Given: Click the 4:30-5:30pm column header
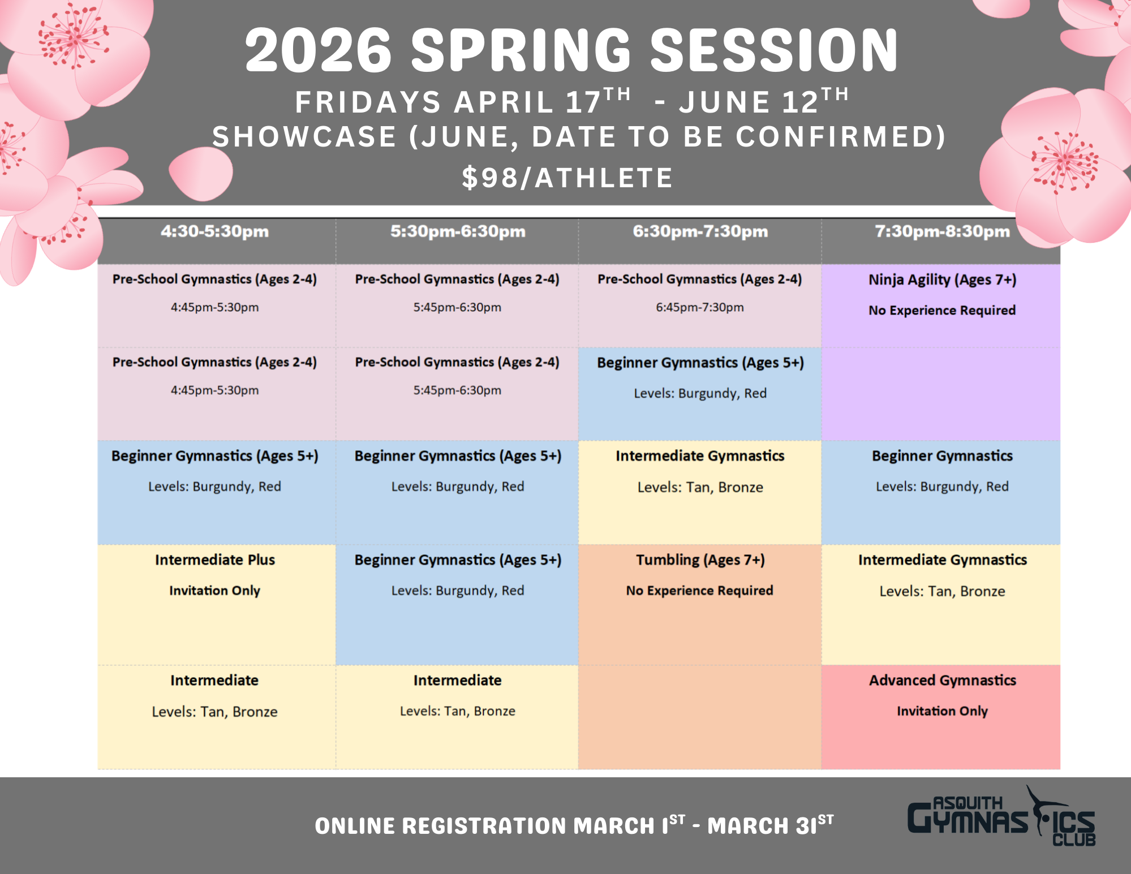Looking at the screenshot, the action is (x=214, y=231).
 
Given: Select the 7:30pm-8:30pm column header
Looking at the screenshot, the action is (x=942, y=231).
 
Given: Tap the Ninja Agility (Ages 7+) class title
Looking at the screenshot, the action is (x=942, y=279).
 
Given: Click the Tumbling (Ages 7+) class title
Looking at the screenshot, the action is (x=700, y=560).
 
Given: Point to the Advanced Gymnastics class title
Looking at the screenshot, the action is (x=942, y=681).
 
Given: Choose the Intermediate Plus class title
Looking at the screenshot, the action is (x=215, y=560).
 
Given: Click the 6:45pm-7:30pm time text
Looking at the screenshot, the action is (x=700, y=308).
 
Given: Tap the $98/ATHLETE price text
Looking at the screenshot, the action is (x=567, y=178).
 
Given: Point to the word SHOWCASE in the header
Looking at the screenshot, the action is (x=304, y=137).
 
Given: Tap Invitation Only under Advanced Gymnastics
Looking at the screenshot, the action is (x=942, y=711).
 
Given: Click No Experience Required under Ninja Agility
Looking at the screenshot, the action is (x=942, y=311).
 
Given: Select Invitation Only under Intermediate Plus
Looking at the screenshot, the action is (x=214, y=591).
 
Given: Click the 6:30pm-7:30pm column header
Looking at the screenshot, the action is (x=700, y=231).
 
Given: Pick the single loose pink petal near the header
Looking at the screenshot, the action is (x=201, y=173).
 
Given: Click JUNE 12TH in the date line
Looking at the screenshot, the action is (x=764, y=101).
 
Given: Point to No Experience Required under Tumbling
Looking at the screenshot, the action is (x=700, y=591).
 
